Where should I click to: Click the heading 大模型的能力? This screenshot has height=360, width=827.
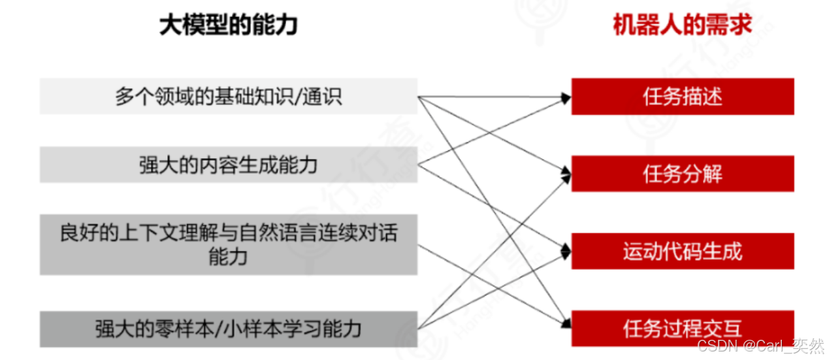228,25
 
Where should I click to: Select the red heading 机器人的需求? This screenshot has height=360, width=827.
682,25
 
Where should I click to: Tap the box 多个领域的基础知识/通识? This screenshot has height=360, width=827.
228,97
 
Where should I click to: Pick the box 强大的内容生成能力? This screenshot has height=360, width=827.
228,164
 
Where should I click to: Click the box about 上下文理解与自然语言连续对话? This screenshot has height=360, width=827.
228,244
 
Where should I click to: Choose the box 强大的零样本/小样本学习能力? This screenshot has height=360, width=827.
228,327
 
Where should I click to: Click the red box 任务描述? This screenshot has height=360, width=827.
682,97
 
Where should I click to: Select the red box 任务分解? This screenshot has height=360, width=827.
682,174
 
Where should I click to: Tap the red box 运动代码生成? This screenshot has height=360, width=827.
682,251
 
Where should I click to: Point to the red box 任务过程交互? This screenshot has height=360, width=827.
682,328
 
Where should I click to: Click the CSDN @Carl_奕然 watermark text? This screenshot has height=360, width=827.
760,346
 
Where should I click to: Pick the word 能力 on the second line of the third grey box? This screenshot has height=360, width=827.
228,257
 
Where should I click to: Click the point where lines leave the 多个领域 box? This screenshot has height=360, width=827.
419,97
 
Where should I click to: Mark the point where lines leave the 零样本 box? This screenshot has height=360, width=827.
419,327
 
